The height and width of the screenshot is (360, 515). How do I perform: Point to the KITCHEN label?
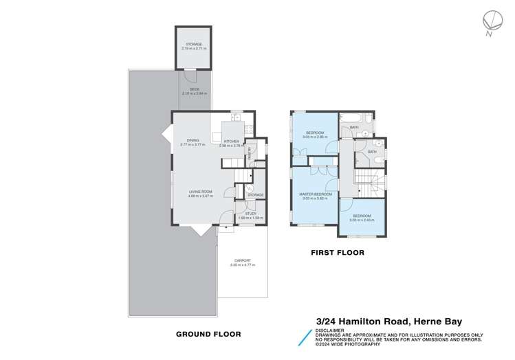click(230, 141)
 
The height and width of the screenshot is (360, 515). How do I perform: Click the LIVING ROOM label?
click(201, 192)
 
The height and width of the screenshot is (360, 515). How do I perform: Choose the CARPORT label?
click(241, 260)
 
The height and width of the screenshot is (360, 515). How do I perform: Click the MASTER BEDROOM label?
click(316, 194)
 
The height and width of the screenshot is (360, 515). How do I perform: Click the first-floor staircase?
click(366, 181)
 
